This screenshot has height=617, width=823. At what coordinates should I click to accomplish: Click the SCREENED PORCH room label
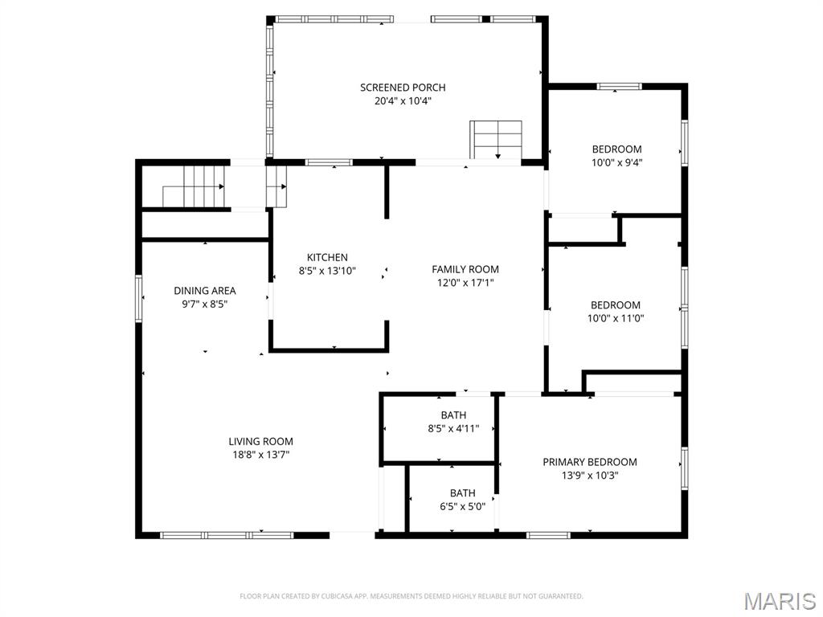point(403,88)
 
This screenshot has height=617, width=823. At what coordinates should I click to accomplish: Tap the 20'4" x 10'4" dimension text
point(403,101)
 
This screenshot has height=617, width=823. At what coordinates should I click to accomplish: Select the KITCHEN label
point(327,258)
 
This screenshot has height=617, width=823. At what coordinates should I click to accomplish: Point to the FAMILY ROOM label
point(465,270)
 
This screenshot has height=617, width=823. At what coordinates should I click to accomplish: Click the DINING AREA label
point(205,291)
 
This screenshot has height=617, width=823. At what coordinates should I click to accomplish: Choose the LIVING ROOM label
point(261,442)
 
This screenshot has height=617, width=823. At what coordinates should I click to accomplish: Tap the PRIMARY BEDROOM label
point(590,462)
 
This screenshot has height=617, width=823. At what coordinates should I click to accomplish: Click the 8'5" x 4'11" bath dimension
point(453,429)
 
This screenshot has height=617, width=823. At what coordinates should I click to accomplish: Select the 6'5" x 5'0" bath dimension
point(462,507)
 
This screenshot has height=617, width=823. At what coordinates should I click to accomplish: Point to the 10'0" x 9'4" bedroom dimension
point(616,162)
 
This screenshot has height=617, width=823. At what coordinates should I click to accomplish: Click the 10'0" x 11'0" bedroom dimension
point(615,318)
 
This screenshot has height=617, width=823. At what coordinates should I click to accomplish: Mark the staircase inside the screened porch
point(496,140)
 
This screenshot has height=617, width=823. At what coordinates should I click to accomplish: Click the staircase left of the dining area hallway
point(194,186)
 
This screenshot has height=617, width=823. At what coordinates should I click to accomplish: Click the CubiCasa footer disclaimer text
point(411,597)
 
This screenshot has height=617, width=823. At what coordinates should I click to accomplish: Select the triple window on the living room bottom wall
point(227,536)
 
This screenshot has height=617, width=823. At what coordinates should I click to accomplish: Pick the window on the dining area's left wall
point(139,298)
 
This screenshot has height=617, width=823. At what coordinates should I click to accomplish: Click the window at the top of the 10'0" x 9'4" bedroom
point(620,87)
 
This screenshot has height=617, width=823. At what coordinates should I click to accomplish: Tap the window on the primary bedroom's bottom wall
point(548,536)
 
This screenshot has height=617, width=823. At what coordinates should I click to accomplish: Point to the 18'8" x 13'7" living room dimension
point(261,456)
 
